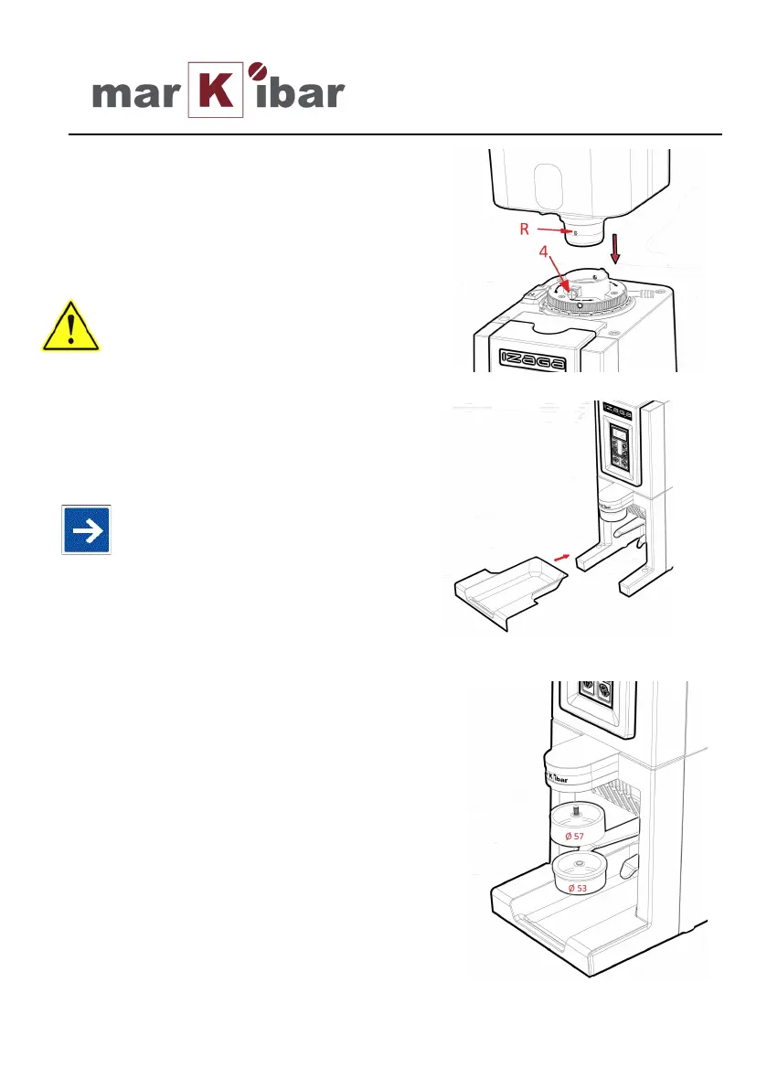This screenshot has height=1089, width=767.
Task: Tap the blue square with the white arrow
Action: click(x=86, y=528)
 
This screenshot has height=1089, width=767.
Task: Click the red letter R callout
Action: click(x=525, y=230)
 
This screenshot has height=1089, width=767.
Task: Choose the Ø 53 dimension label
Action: click(x=578, y=889)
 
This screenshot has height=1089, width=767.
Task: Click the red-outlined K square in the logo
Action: click(x=217, y=90)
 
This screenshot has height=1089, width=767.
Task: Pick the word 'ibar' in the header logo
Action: click(x=300, y=92)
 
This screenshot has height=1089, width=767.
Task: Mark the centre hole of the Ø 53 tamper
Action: click(x=579, y=865)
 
